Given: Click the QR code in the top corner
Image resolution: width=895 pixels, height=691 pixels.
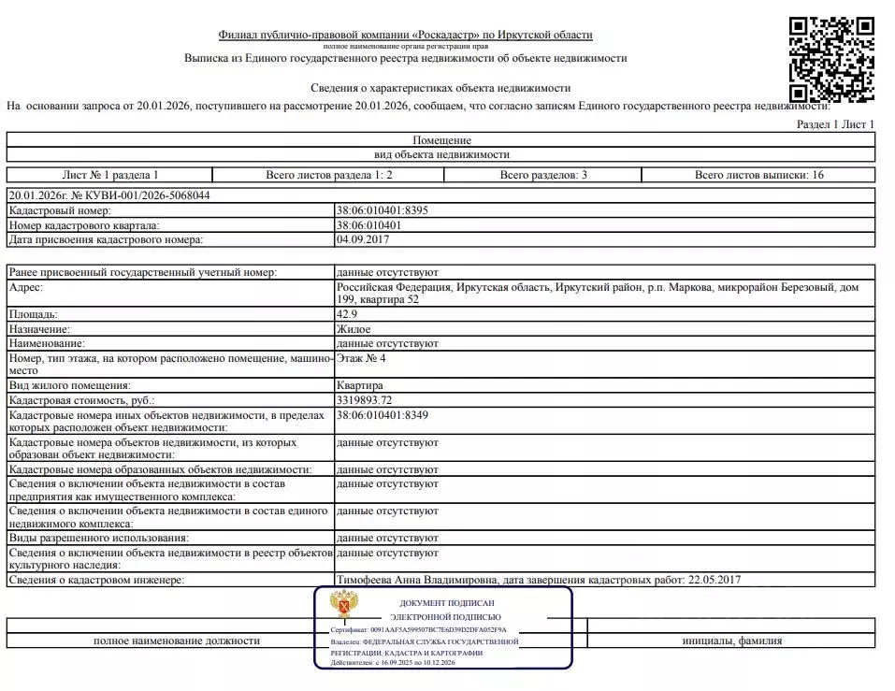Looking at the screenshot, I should pyautogui.click(x=831, y=58).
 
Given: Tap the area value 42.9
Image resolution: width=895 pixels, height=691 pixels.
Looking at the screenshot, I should pyautogui.click(x=346, y=314).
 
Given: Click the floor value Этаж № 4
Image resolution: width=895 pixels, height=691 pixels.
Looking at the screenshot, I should pyautogui.click(x=360, y=358).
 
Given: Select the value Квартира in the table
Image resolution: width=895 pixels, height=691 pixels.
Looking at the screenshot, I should pyautogui.click(x=359, y=385).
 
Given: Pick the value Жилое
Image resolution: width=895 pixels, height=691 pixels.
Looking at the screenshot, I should pyautogui.click(x=353, y=329).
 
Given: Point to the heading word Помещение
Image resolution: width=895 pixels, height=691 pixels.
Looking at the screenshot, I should pyautogui.click(x=441, y=140).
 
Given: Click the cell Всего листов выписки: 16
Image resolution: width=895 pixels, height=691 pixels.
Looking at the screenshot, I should pyautogui.click(x=758, y=175).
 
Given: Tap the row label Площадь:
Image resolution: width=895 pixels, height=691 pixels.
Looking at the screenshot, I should pyautogui.click(x=33, y=314).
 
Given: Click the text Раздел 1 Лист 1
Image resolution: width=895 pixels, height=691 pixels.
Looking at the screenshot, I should pyautogui.click(x=835, y=123).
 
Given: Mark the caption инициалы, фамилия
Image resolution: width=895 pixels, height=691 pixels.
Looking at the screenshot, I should pyautogui.click(x=731, y=641).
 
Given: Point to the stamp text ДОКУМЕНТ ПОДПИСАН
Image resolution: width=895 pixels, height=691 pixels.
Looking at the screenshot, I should pyautogui.click(x=446, y=604).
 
